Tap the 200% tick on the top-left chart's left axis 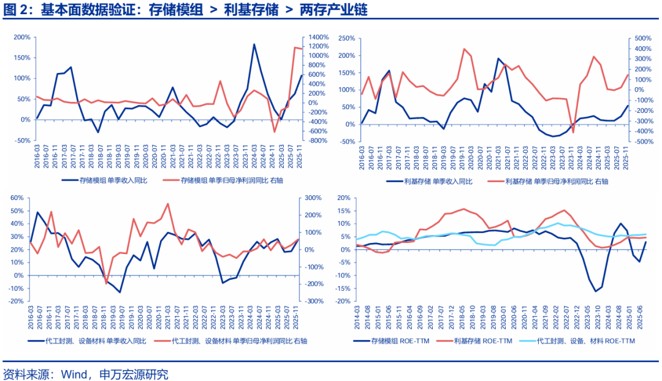(22, 37)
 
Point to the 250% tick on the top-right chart (347, 38)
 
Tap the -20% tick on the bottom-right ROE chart (341, 301)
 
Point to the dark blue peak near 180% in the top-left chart (254, 44)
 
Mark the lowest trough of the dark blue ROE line (595, 291)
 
